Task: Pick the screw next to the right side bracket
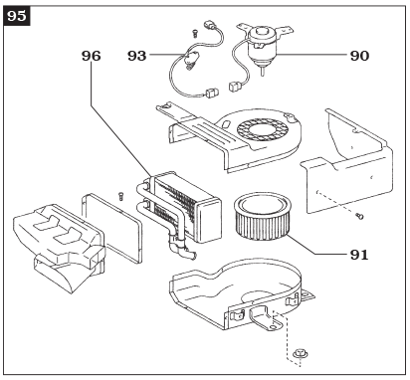pyautogui.click(x=359, y=215)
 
